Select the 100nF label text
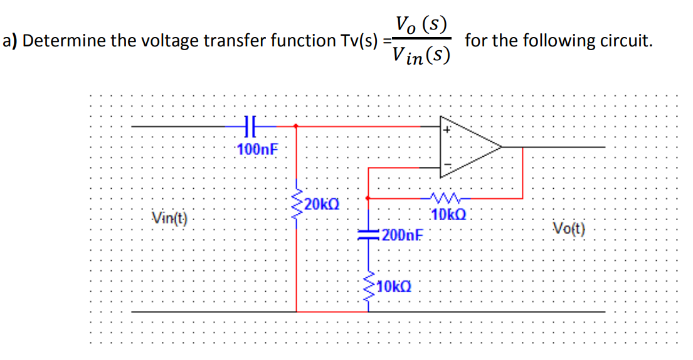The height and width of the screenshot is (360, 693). click(258, 149)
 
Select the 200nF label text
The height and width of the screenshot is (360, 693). click(401, 236)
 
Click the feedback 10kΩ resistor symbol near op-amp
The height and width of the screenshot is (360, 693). click(447, 198)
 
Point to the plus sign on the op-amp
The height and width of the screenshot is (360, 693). click(448, 130)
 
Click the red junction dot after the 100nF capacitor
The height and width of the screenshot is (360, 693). click(296, 126)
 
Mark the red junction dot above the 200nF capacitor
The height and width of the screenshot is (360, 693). click(368, 198)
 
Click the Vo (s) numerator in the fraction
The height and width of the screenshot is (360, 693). click(421, 26)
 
